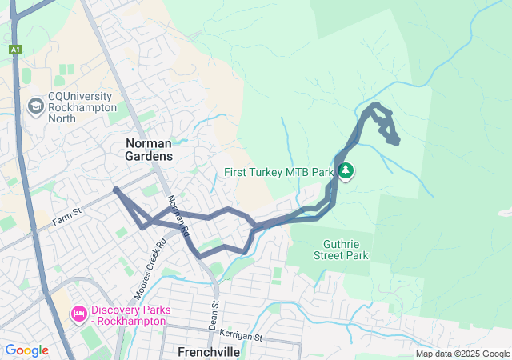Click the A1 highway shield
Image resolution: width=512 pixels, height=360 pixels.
coord(15,50)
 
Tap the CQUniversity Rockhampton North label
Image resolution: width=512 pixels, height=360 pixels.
coord(82,107)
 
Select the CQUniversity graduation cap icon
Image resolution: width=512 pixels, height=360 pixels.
coord(35,106)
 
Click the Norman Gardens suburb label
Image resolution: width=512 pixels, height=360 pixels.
coord(148,149)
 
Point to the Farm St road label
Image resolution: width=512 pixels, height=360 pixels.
coord(68,214)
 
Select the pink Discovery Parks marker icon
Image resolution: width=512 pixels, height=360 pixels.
coord(78,310)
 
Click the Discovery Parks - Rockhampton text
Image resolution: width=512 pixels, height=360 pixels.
coord(129,315)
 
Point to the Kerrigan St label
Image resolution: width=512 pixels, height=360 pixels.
coord(242,338)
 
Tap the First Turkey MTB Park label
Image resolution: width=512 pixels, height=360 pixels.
coord(278,172)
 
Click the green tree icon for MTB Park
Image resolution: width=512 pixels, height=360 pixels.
coord(346,170)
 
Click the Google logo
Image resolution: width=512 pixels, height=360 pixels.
coord(26,350)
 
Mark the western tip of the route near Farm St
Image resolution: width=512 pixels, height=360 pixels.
coord(116,190)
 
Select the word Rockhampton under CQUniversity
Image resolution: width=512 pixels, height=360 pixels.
coord(82,107)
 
